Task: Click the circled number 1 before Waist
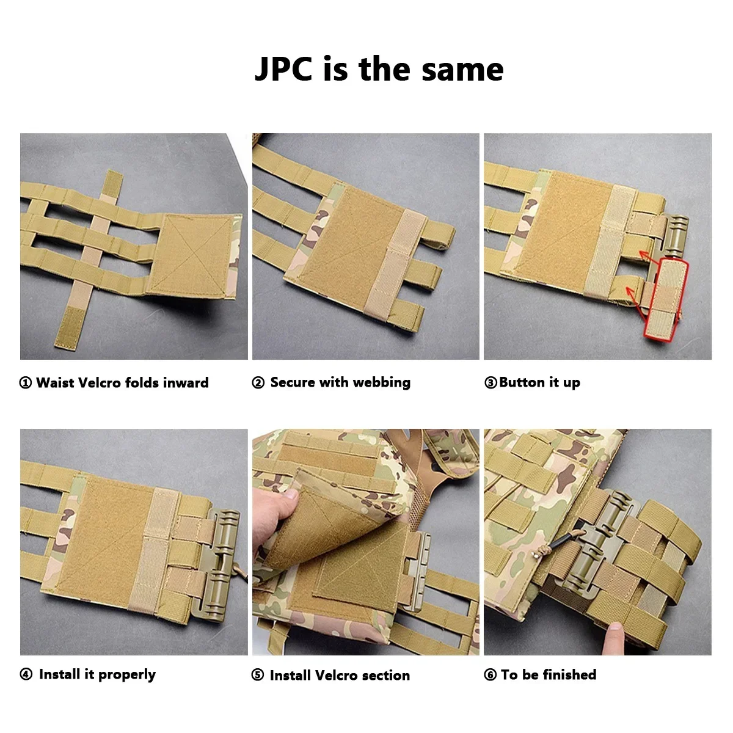26,383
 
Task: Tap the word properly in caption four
127,675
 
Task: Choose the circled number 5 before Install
258,676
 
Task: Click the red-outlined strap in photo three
666,299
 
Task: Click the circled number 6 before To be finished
490,675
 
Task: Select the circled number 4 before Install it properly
26,675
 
